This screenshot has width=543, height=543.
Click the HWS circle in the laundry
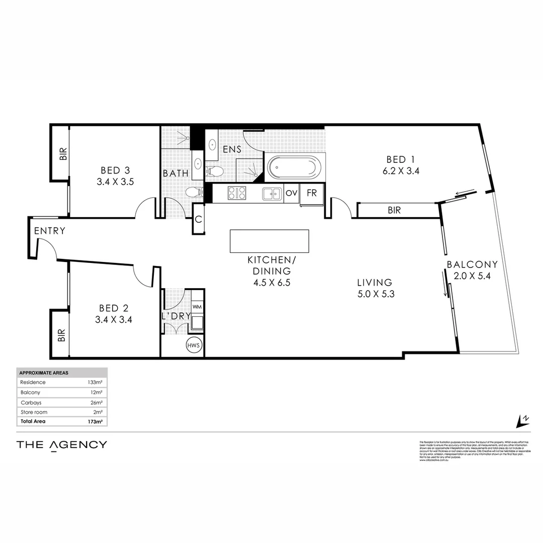coord(193,345)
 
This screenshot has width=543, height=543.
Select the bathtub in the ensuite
coord(293,167)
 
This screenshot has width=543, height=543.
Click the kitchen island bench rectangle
coord(269,241)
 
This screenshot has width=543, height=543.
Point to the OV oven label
coord(291,193)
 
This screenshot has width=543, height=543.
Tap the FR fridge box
coord(312,194)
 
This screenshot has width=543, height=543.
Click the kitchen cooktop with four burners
coord(237,193)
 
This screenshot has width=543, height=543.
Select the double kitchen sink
coord(271,193)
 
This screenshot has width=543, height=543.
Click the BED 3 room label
coord(115,170)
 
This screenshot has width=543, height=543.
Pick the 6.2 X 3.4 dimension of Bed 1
coord(400,171)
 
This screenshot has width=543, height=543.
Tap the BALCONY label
coord(472,264)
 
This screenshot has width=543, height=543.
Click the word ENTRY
coord(50,231)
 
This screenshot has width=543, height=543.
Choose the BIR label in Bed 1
coord(394,211)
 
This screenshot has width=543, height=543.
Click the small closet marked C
coord(198,220)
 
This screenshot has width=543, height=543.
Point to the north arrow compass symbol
coord(523,419)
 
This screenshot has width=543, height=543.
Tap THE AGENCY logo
coord(62,444)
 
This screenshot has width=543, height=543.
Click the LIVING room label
coord(375,283)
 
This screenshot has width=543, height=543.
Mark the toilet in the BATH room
coord(194,192)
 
